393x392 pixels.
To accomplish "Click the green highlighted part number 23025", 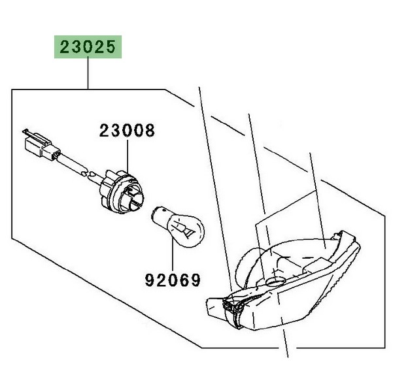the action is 88,47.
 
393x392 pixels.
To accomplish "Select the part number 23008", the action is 127,131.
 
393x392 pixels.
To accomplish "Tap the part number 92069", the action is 173,280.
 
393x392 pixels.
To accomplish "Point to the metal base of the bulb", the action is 160,214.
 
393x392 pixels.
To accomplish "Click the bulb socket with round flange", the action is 122,191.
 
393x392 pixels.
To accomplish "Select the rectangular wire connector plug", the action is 42,146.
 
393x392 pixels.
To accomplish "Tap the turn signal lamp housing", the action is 283,280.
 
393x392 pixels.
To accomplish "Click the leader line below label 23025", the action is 88,74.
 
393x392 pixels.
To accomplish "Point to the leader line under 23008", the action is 128,156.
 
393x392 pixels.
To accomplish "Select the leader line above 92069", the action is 173,255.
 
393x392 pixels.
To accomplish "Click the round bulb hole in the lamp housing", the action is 275,282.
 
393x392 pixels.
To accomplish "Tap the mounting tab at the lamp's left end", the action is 215,308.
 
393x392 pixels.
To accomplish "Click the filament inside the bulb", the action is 184,227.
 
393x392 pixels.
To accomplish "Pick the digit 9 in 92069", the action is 150,280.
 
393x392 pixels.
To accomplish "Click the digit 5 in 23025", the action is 111,47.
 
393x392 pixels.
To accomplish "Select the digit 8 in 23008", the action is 150,131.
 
